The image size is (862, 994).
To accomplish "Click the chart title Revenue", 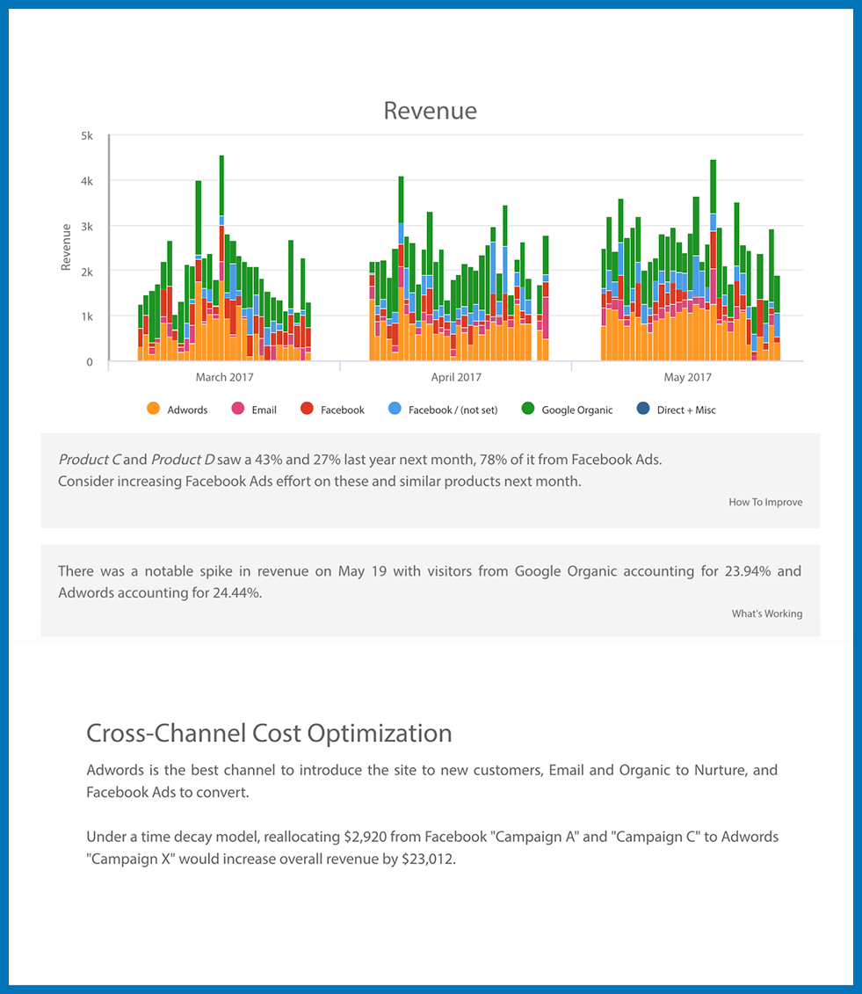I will [x=431, y=111].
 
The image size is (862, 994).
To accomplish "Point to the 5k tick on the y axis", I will [x=88, y=136].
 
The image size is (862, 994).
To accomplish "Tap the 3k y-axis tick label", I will [x=88, y=227].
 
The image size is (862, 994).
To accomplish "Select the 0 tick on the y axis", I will [x=90, y=362].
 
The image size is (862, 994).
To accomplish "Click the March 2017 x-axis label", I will [x=224, y=378].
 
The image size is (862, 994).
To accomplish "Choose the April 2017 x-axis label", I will [x=456, y=378].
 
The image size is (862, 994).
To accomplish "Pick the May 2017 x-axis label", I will [x=687, y=378].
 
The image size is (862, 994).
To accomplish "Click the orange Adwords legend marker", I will [x=153, y=409].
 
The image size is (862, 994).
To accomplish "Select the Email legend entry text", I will [x=264, y=410].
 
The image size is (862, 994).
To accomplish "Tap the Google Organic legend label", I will [x=576, y=410].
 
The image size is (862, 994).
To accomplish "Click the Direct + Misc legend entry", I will [x=685, y=410].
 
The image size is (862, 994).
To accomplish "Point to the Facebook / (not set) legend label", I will [x=452, y=410].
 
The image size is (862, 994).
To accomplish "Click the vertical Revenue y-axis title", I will [x=67, y=247].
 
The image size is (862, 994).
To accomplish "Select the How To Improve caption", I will [x=765, y=503].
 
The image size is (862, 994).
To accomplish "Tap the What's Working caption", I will [x=766, y=613].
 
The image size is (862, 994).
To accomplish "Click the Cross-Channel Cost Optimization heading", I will [x=269, y=733].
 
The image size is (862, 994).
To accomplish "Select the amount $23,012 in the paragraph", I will [x=428, y=860].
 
